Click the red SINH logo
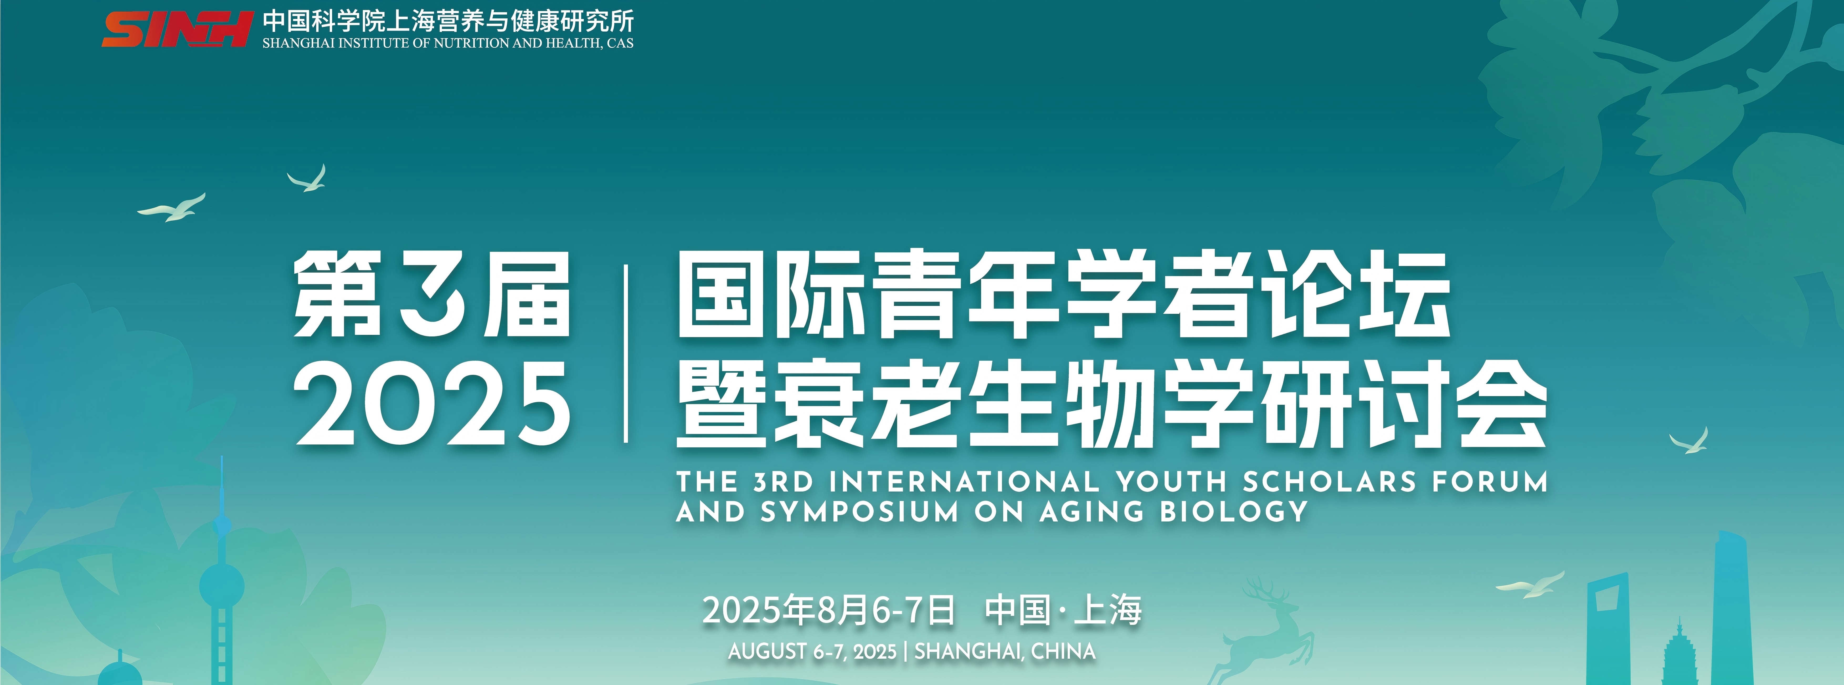177,29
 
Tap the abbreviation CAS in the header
620,43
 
